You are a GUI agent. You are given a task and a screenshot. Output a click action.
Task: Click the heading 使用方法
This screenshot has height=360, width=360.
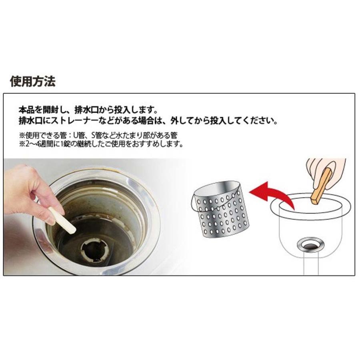tap(33, 82)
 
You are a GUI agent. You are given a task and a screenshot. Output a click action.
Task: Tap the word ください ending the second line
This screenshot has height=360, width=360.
tap(256, 121)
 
